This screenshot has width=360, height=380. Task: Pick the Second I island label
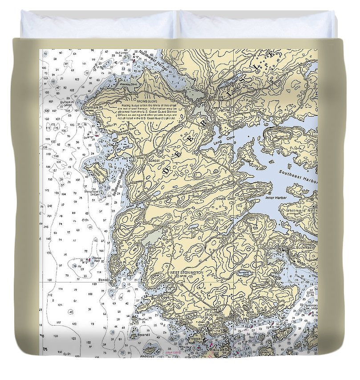coord(143,334)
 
